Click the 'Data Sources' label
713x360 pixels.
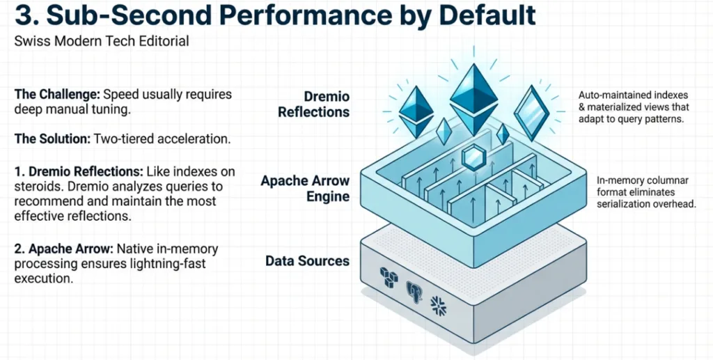[x=307, y=261]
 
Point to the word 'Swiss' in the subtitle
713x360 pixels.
[x=30, y=42]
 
